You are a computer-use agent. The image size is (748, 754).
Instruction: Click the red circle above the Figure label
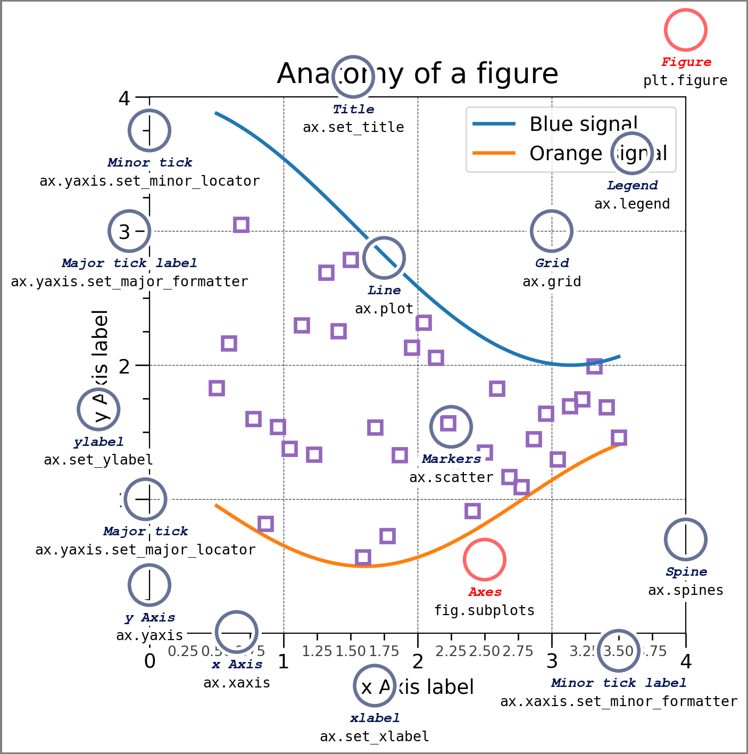pyautogui.click(x=685, y=30)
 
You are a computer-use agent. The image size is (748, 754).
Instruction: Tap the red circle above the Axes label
pyautogui.click(x=484, y=560)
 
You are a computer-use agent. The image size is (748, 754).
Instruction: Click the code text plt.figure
pyautogui.click(x=685, y=80)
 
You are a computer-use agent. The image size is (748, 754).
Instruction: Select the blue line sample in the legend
pyautogui.click(x=494, y=124)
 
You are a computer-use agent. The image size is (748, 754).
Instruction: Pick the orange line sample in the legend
pyautogui.click(x=494, y=153)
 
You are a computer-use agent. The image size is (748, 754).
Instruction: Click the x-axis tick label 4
pyautogui.click(x=686, y=661)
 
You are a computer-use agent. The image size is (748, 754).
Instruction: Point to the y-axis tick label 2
pyautogui.click(x=124, y=366)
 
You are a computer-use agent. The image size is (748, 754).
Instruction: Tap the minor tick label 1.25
pyautogui.click(x=317, y=651)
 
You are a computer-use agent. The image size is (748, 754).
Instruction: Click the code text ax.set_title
pyautogui.click(x=353, y=127)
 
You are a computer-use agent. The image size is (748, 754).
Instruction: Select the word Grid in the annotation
pyautogui.click(x=552, y=263)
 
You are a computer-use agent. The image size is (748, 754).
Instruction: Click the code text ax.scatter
pyautogui.click(x=451, y=477)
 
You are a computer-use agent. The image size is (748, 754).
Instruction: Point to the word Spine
pyautogui.click(x=686, y=572)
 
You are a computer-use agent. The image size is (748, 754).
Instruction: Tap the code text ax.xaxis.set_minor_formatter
pyautogui.click(x=619, y=701)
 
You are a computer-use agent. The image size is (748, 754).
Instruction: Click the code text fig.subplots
pyautogui.click(x=484, y=610)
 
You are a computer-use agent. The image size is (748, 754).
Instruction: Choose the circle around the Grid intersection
pyautogui.click(x=552, y=231)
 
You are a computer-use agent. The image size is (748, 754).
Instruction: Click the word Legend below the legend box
pyautogui.click(x=632, y=186)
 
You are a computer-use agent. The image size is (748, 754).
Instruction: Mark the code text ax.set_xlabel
pyautogui.click(x=375, y=736)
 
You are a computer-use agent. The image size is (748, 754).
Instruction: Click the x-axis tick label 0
pyautogui.click(x=149, y=661)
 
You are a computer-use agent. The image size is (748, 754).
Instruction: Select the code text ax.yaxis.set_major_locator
pyautogui.click(x=145, y=550)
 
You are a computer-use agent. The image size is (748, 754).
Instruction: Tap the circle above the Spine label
pyautogui.click(x=686, y=540)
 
